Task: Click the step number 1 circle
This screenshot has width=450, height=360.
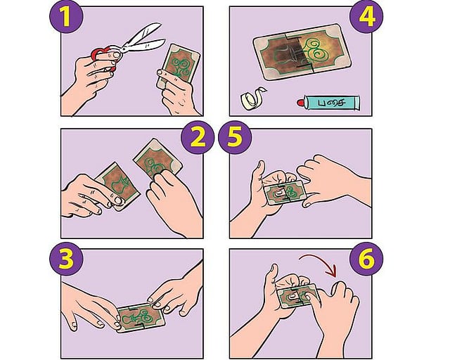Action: (66, 16)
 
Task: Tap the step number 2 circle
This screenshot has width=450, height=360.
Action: (198, 138)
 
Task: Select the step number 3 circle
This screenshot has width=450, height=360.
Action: (66, 259)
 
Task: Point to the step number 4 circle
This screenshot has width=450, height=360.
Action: (366, 16)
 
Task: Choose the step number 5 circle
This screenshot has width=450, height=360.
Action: (235, 138)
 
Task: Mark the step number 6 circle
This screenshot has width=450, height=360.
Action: (366, 259)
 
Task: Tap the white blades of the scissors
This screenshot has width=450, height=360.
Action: (143, 39)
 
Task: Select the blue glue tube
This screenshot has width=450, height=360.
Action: (328, 102)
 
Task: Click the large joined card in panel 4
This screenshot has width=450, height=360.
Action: (302, 53)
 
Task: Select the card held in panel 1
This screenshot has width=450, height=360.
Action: (179, 67)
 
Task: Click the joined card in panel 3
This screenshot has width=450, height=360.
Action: (141, 318)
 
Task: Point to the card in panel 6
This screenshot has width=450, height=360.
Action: (297, 296)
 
